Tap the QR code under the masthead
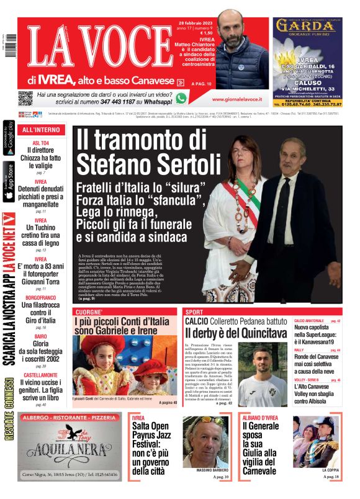[25, 98]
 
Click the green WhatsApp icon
[181, 98]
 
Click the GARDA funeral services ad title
[307, 26]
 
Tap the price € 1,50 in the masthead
[187, 34]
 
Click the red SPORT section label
[194, 311]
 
